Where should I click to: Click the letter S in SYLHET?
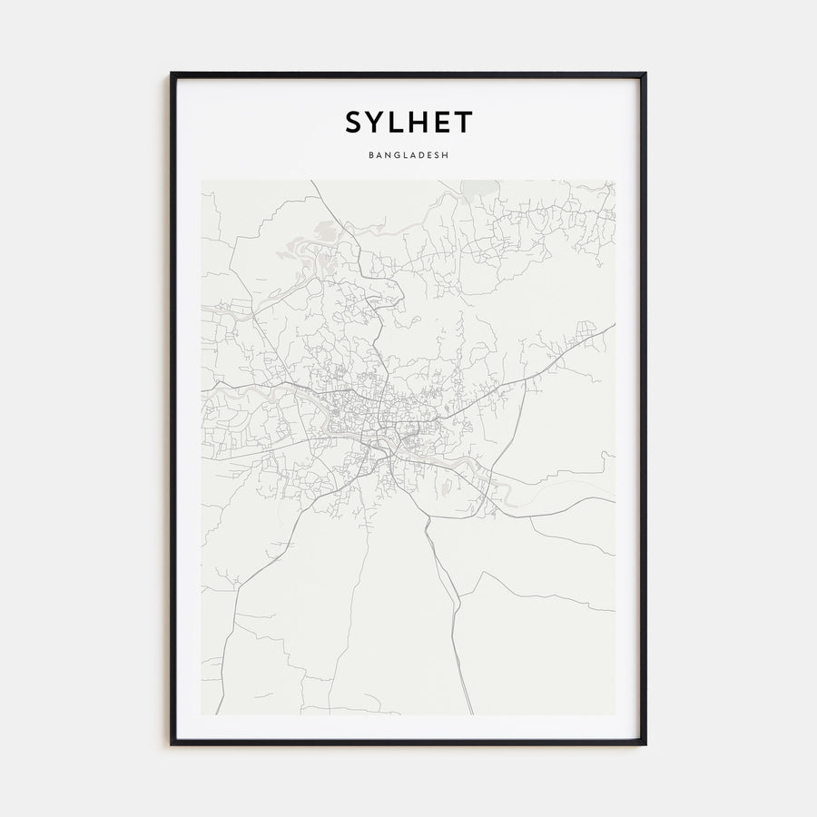pyautogui.click(x=354, y=123)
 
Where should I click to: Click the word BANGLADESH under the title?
pyautogui.click(x=408, y=155)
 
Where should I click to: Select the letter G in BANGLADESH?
pyautogui.click(x=396, y=155)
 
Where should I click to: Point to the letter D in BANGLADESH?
pyautogui.click(x=420, y=155)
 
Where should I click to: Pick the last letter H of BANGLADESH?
pyautogui.click(x=446, y=155)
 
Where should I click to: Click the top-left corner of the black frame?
pyautogui.click(x=172, y=74)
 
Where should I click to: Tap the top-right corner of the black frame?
pyautogui.click(x=645, y=74)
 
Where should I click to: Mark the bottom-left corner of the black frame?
pyautogui.click(x=172, y=743)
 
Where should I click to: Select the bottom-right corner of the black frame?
pyautogui.click(x=645, y=743)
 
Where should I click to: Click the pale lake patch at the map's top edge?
pyautogui.click(x=479, y=188)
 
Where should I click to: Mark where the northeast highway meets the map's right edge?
pyautogui.click(x=614, y=325)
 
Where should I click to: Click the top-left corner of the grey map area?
pyautogui.click(x=202, y=181)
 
